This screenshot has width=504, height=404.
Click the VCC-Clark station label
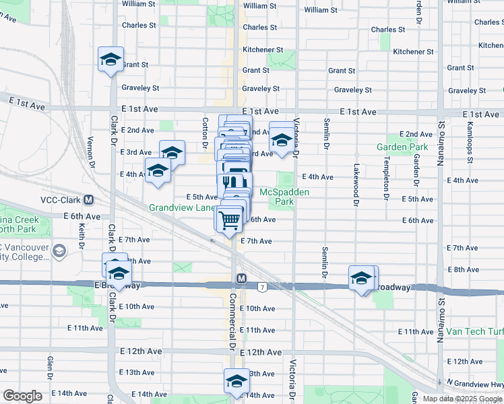click(x=61, y=200)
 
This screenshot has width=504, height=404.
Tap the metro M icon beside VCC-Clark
click(x=88, y=200)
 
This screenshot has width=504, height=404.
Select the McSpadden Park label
click(x=284, y=196)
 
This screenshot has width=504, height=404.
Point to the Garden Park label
click(x=402, y=147)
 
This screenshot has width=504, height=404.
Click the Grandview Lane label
click(x=182, y=208)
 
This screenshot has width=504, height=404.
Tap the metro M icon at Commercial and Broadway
click(x=241, y=278)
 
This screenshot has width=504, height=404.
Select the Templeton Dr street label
click(x=387, y=181)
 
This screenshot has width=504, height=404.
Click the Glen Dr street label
click(x=50, y=368)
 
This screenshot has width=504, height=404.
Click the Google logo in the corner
click(x=22, y=396)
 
